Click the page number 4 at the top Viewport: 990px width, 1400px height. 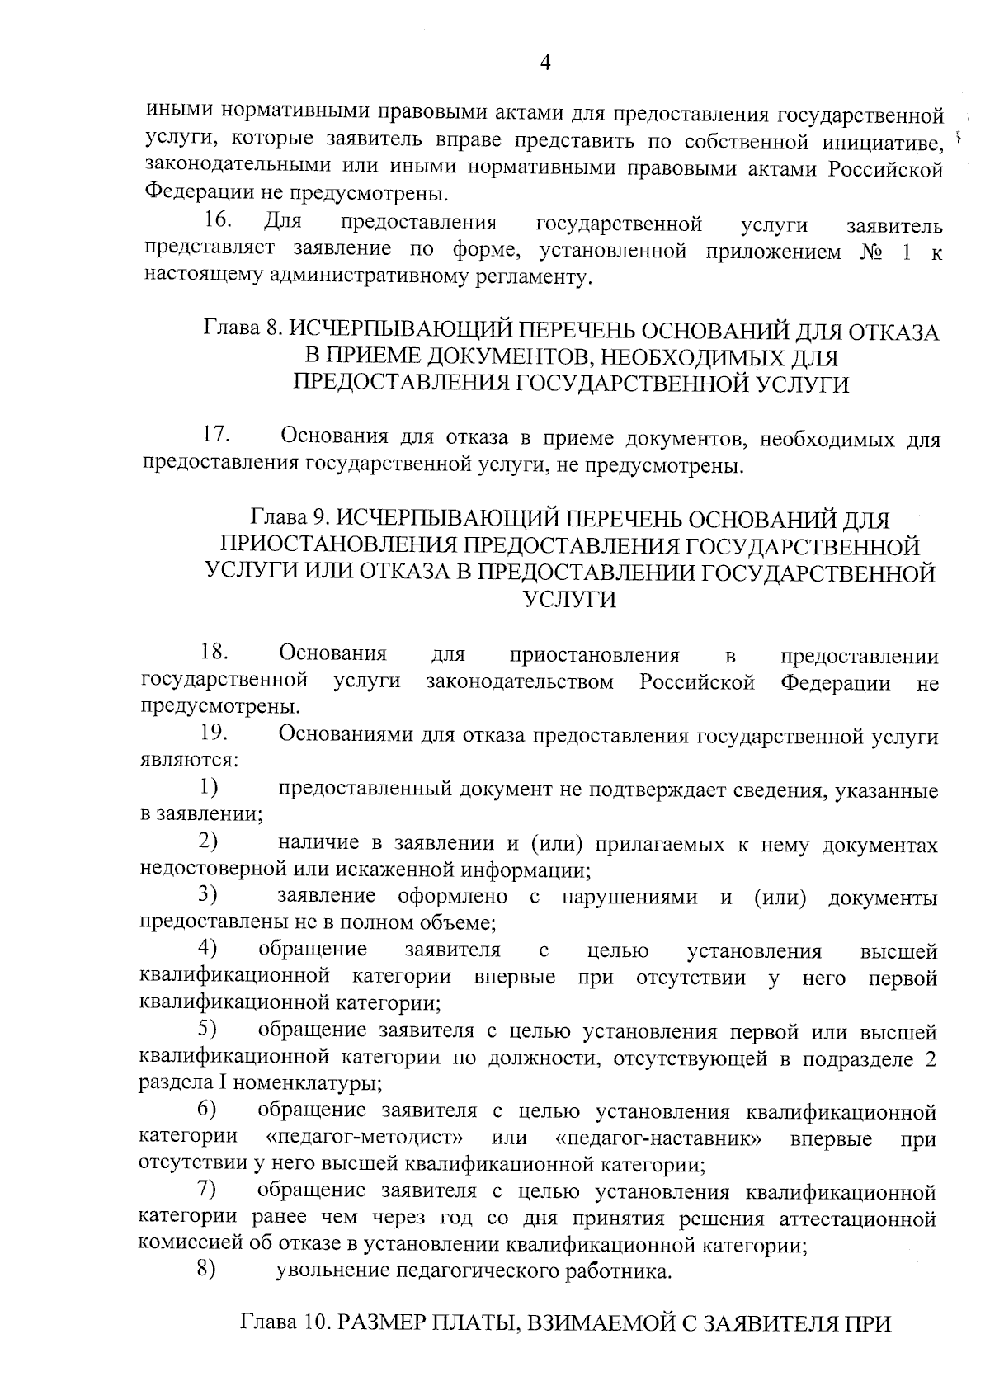pyautogui.click(x=544, y=63)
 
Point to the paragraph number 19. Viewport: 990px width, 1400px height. pyautogui.click(x=214, y=733)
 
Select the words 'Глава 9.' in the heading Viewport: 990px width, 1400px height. pyautogui.click(x=290, y=520)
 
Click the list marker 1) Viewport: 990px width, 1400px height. pyautogui.click(x=208, y=788)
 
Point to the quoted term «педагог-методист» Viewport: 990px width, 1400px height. pyautogui.click(x=365, y=1138)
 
